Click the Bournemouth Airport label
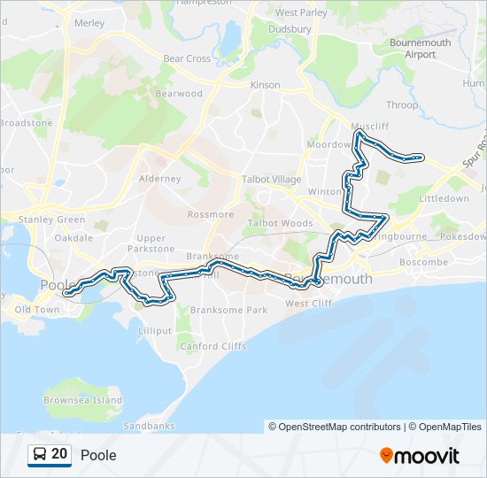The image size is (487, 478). tap(421, 49)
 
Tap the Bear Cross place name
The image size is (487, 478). tap(187, 59)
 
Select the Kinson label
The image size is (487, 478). tap(265, 85)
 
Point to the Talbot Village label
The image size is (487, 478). tap(272, 179)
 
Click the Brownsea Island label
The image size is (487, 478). tap(83, 400)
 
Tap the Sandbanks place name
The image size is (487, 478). tap(143, 426)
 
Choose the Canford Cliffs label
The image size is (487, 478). tap(213, 346)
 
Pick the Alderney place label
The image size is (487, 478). tap(160, 179)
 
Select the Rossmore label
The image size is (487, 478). tap(211, 214)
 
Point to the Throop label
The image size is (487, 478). tap(401, 105)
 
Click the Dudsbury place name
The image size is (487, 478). tap(293, 29)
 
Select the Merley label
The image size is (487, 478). tap(90, 23)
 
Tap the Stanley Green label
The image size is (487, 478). tap(52, 220)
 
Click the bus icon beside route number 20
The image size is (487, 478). tap(40, 454)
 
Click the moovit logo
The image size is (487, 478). tap(420, 455)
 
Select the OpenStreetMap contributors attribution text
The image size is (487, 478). tap(334, 427)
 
